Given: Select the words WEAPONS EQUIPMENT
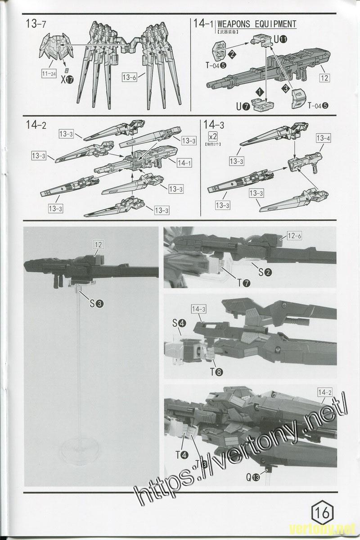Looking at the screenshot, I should click(x=256, y=24).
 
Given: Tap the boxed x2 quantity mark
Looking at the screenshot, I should click(x=210, y=136).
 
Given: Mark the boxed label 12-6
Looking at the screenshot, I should click(x=294, y=236).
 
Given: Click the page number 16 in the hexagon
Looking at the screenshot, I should click(x=322, y=513).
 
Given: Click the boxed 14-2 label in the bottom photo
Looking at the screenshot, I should click(x=324, y=392).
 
